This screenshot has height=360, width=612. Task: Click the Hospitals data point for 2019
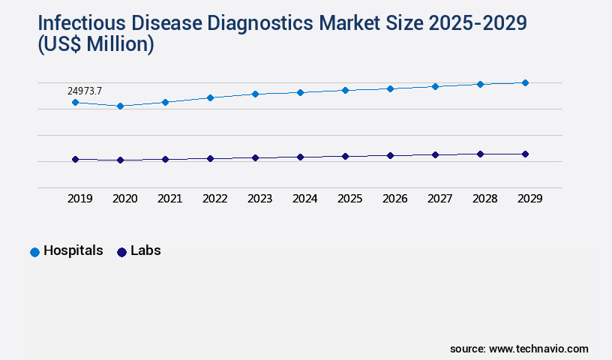coord(75,102)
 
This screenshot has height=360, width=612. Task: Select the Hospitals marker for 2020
coord(120,106)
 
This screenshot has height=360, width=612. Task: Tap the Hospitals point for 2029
coord(525,82)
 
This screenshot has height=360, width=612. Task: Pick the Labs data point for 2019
coord(75,159)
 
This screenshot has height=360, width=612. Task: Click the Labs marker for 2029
coord(525,154)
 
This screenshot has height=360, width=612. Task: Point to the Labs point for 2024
coord(300,157)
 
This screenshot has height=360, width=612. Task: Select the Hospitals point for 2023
coord(255,94)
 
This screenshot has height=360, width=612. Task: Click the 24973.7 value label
coord(85,91)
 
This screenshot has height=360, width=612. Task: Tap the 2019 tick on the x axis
coord(79,199)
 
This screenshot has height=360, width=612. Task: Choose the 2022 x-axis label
coord(214,199)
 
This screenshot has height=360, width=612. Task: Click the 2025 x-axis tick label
coord(349,199)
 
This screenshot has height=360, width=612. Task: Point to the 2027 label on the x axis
coord(439,199)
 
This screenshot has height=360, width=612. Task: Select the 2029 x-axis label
coord(529,199)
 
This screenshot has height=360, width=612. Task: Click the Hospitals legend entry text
coord(73,250)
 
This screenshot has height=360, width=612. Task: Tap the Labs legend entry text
coord(145,250)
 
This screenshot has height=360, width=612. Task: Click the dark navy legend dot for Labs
coord(122,252)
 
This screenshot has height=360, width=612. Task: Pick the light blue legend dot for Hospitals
coord(34,252)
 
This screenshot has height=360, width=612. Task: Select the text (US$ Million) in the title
coord(96,45)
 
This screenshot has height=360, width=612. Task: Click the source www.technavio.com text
coord(519,349)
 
